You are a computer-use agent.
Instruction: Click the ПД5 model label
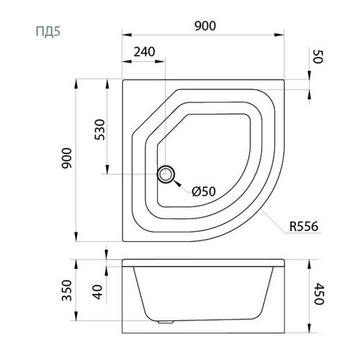coord(48,31)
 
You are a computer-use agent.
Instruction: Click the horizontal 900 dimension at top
coord(205,26)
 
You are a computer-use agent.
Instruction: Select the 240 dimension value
coord(144,52)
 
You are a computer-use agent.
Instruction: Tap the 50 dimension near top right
coord(318,57)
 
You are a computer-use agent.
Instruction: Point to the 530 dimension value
coord(100,130)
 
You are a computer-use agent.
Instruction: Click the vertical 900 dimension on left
coord(66,158)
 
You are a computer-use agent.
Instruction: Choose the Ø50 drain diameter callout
coord(204,192)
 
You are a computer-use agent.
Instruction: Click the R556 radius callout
coord(304,226)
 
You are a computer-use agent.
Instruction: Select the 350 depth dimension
coord(67,290)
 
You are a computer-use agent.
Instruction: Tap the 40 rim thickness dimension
coord(98,292)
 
